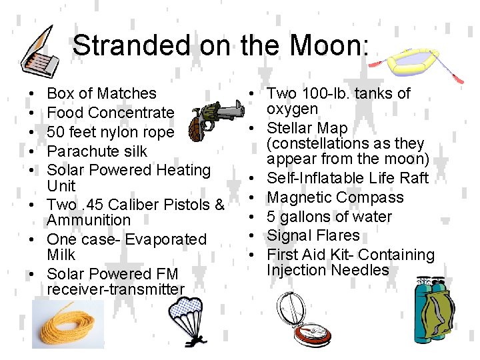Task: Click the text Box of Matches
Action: pos(101,93)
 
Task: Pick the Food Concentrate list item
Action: pos(110,113)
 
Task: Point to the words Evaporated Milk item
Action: pos(127,247)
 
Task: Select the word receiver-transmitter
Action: pos(115,289)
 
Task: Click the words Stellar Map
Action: pos(307,128)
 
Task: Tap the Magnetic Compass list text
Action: pos(335,197)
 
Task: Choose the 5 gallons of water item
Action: pos(329,217)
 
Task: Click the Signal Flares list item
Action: pos(313,235)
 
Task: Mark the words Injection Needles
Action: pos(327,270)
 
